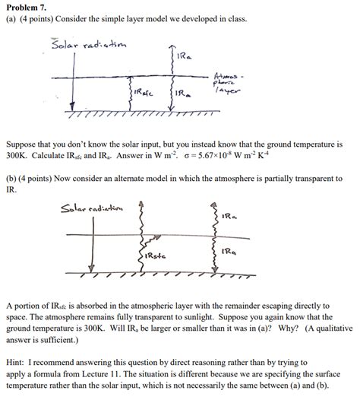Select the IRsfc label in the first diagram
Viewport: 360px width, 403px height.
pyautogui.click(x=143, y=93)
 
